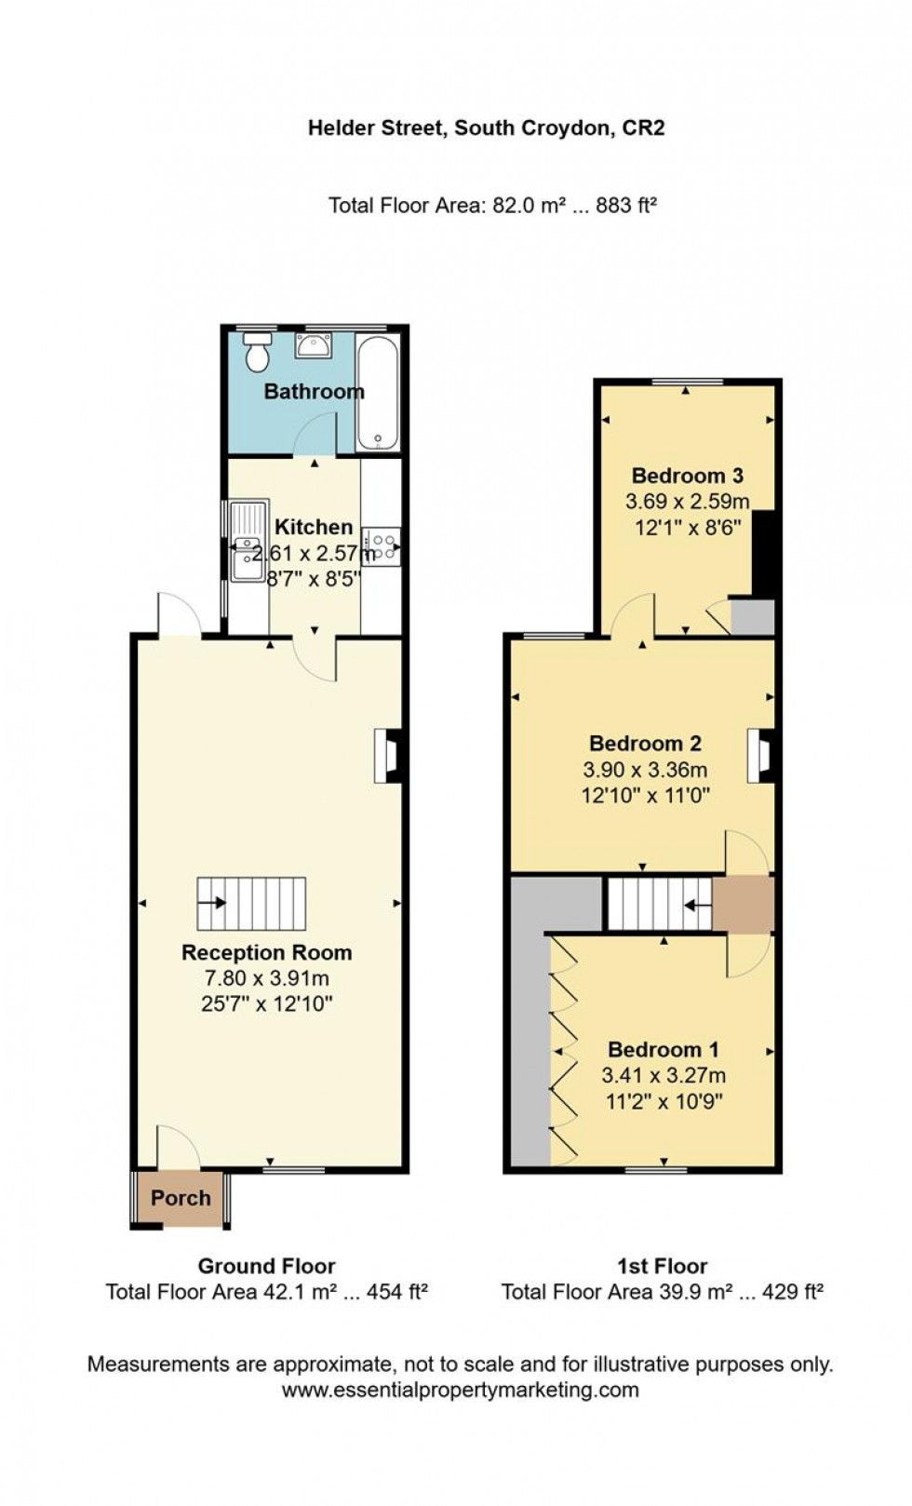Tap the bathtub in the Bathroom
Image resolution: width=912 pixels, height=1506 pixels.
tap(378, 394)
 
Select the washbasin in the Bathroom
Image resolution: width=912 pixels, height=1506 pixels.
tap(313, 347)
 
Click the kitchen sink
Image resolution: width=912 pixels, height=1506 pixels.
tap(248, 541)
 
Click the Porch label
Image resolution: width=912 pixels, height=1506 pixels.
tap(181, 1198)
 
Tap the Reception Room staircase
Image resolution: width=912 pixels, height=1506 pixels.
tap(251, 902)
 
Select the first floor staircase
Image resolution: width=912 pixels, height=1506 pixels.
tap(660, 903)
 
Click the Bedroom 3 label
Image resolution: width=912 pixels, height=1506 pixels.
tap(687, 476)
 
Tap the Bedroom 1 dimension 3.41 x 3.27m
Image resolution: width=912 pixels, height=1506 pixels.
tap(663, 1075)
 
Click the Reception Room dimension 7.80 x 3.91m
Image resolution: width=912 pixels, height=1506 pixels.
tap(266, 978)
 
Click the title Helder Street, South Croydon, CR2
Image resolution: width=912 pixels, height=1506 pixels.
tap(487, 128)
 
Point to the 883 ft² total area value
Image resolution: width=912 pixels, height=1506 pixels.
tap(626, 205)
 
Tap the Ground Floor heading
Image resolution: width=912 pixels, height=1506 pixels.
tap(266, 1266)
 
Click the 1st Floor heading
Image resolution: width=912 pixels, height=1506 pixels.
tap(662, 1266)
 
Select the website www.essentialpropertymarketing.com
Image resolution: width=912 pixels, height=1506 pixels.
tap(460, 1390)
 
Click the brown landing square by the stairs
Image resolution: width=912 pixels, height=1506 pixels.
tap(744, 904)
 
